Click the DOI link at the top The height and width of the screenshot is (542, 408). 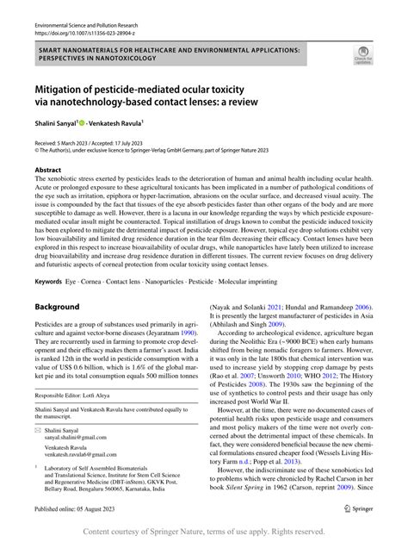tap(84, 36)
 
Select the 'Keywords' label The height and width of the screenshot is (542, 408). tap(48, 282)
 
